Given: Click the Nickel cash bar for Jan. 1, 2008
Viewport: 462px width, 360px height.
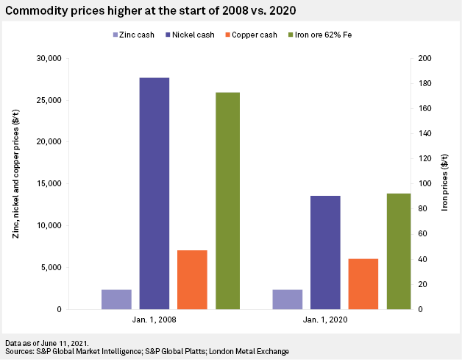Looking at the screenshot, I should [x=154, y=193].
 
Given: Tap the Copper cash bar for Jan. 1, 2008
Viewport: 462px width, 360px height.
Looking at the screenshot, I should [x=192, y=280].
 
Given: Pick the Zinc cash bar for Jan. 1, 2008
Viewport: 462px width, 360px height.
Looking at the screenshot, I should [x=116, y=299].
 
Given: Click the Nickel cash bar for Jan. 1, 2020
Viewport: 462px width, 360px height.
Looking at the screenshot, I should [x=325, y=252].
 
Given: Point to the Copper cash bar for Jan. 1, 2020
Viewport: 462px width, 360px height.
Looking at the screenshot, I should [x=363, y=283].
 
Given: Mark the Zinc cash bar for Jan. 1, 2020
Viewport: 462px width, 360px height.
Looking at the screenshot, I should [x=287, y=299].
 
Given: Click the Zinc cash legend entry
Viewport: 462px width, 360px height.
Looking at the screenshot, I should [x=137, y=35].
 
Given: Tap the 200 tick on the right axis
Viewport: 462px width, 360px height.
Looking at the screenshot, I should [x=426, y=58].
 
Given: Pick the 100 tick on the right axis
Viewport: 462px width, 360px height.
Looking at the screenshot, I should [x=426, y=184].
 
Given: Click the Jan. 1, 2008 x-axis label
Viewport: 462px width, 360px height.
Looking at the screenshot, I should [x=154, y=321].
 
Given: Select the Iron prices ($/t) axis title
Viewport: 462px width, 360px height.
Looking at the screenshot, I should [x=445, y=184].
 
